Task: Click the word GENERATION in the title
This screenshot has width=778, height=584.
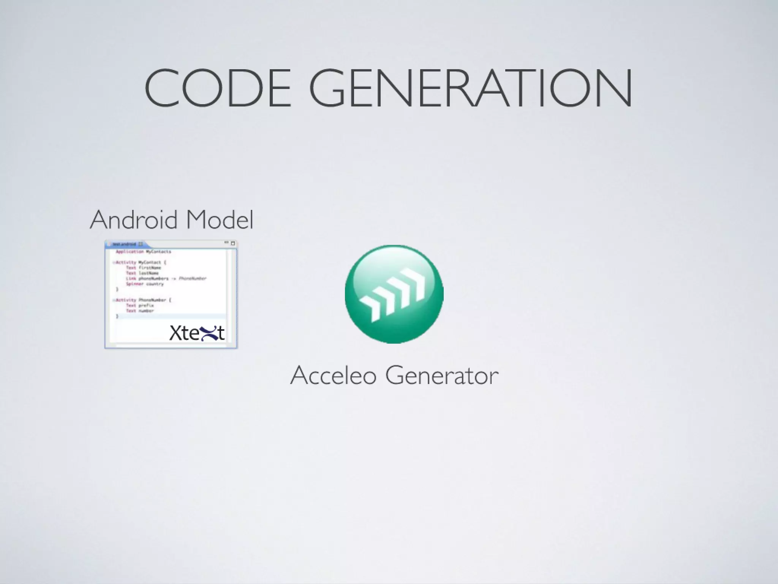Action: pyautogui.click(x=471, y=88)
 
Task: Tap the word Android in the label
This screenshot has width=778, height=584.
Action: pyautogui.click(x=134, y=220)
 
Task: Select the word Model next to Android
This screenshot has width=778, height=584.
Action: pyautogui.click(x=220, y=220)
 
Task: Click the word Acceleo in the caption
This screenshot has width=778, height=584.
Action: pyautogui.click(x=333, y=375)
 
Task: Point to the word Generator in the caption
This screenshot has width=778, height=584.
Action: pyautogui.click(x=441, y=375)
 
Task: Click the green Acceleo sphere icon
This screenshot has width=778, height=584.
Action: pyautogui.click(x=394, y=294)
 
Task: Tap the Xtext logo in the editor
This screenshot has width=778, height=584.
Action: pyautogui.click(x=197, y=333)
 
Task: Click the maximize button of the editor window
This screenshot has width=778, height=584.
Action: pyautogui.click(x=233, y=243)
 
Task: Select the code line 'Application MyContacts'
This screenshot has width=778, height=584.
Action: pyautogui.click(x=143, y=252)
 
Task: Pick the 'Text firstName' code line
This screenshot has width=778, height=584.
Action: pyautogui.click(x=143, y=268)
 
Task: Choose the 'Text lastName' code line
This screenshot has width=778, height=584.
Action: pyautogui.click(x=142, y=273)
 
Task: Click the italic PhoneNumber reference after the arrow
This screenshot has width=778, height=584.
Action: pyautogui.click(x=192, y=278)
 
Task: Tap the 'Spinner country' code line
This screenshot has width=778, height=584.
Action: pyautogui.click(x=145, y=284)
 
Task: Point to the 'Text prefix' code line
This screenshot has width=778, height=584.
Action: pyautogui.click(x=140, y=305)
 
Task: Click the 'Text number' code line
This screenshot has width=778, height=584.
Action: pyautogui.click(x=140, y=311)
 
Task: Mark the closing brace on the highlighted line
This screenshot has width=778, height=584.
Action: pyautogui.click(x=117, y=316)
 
